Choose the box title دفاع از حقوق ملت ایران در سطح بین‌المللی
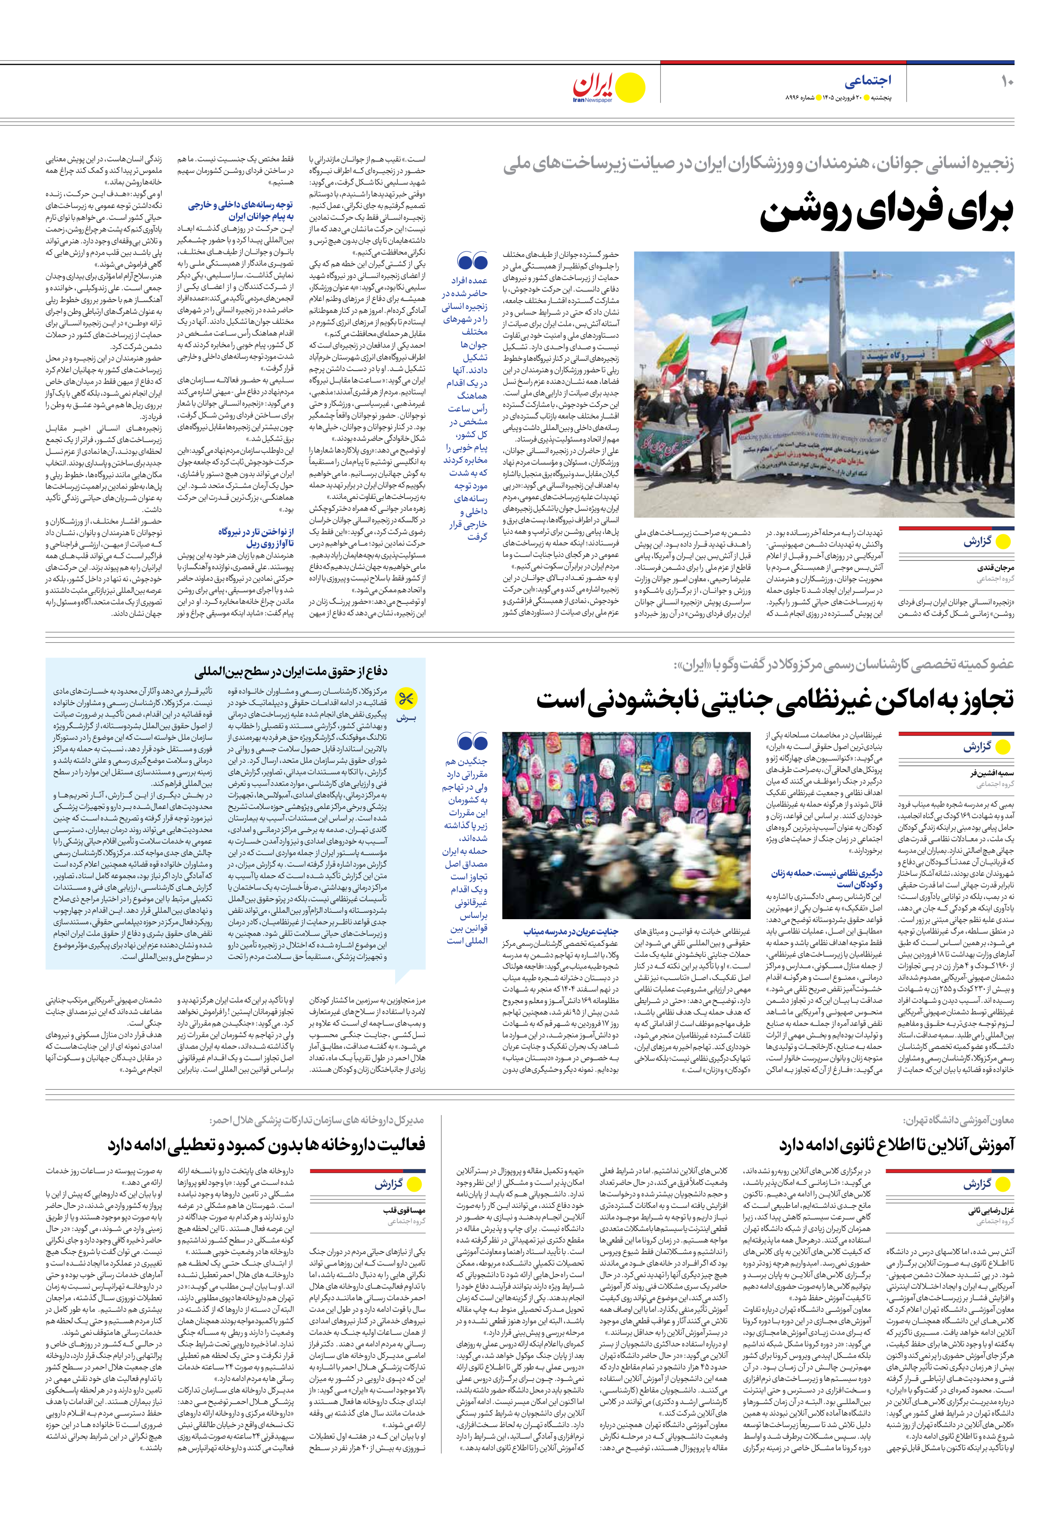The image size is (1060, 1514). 291,672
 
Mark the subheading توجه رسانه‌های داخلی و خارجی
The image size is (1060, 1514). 240,210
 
